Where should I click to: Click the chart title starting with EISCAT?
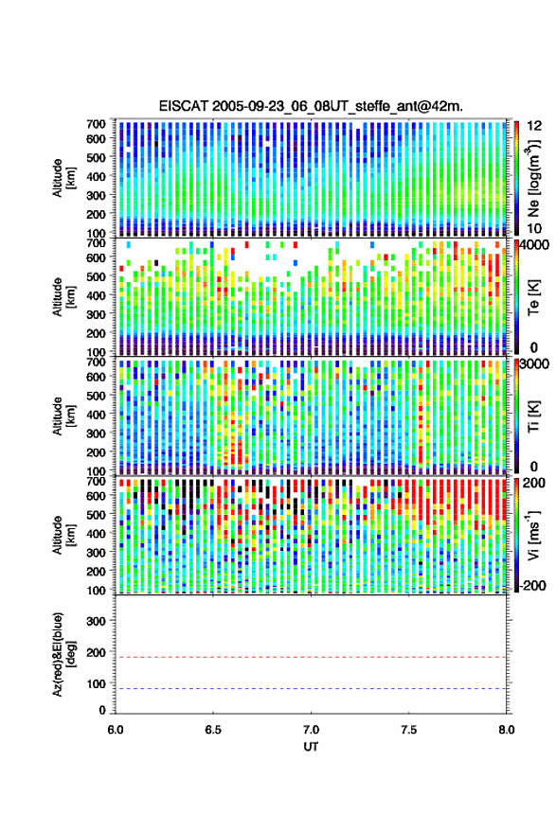pyautogui.click(x=311, y=106)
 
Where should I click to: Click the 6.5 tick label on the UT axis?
pyautogui.click(x=213, y=730)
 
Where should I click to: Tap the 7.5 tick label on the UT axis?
pyautogui.click(x=408, y=730)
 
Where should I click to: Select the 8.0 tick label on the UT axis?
pyautogui.click(x=506, y=730)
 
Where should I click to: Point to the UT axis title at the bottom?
pyautogui.click(x=311, y=747)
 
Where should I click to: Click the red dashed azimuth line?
pyautogui.click(x=311, y=658)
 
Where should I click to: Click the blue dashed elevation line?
pyautogui.click(x=311, y=689)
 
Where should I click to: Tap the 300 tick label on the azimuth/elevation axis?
pyautogui.click(x=96, y=621)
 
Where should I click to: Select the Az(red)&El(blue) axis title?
pyautogui.click(x=63, y=654)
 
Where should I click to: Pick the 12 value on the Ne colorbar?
pyautogui.click(x=534, y=126)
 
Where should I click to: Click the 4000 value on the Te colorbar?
pyautogui.click(x=535, y=245)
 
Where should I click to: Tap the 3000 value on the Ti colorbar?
pyautogui.click(x=535, y=364)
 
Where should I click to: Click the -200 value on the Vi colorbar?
pyautogui.click(x=533, y=586)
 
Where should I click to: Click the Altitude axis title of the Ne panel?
pyautogui.click(x=63, y=178)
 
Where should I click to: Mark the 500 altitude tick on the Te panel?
pyautogui.click(x=96, y=276)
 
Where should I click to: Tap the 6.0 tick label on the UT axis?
pyautogui.click(x=116, y=730)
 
